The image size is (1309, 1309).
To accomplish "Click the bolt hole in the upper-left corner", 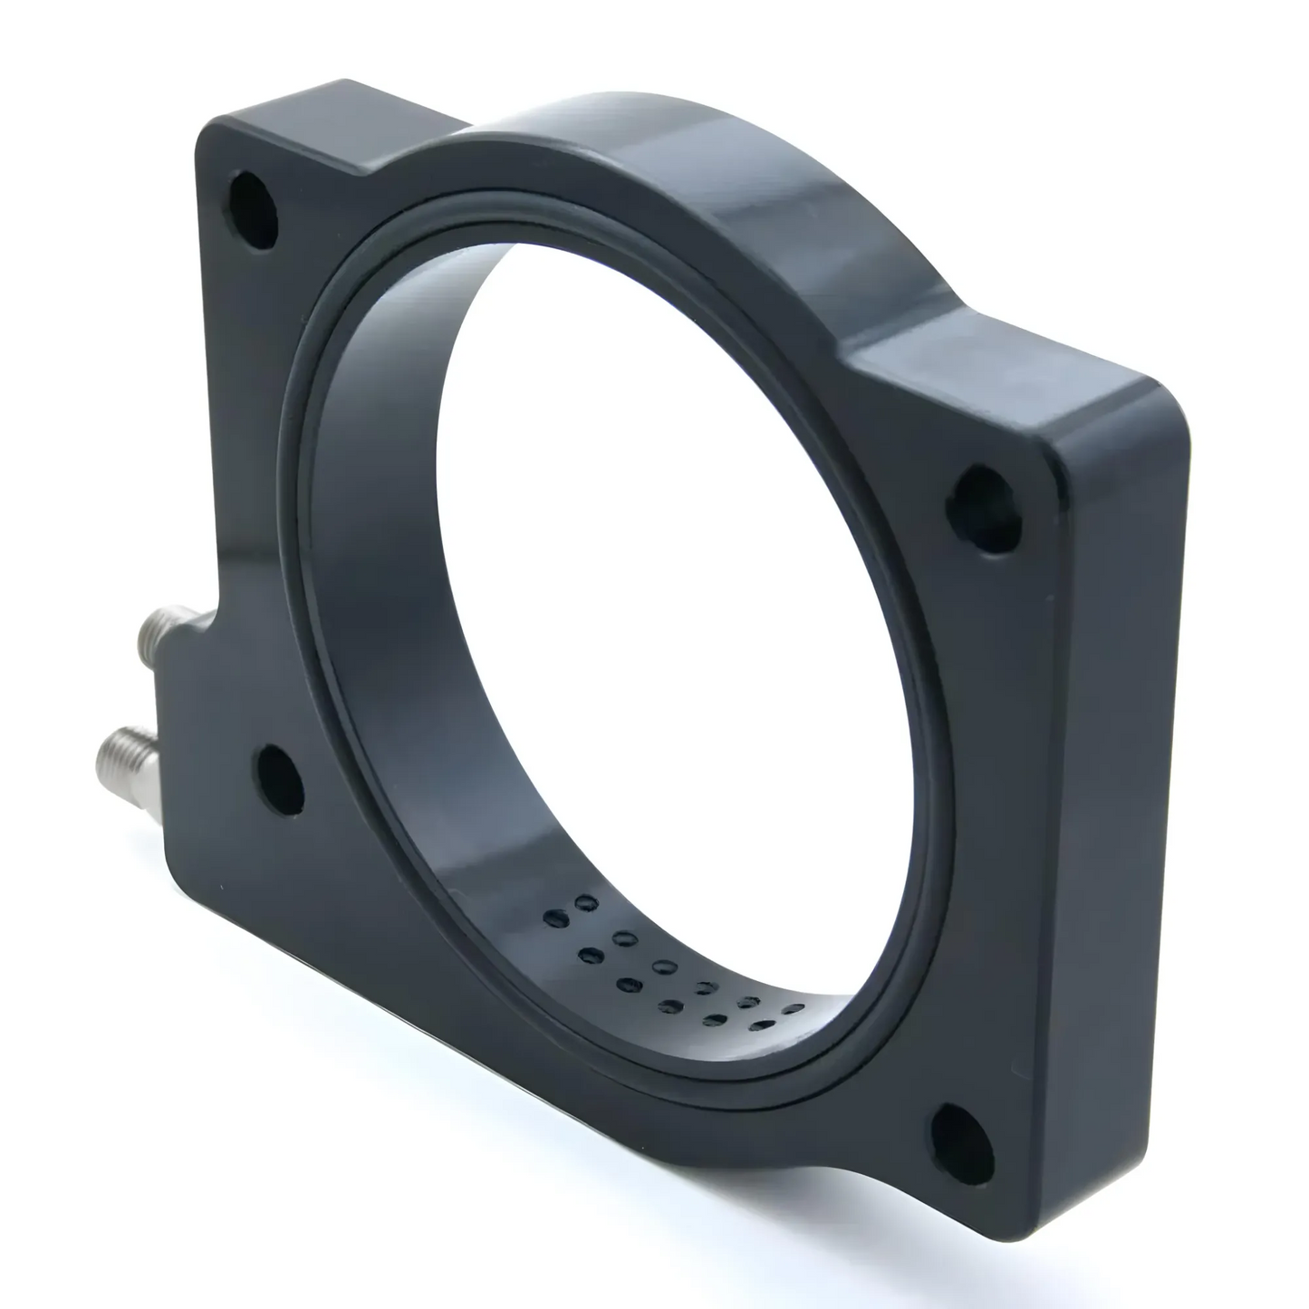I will pyautogui.click(x=254, y=205).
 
